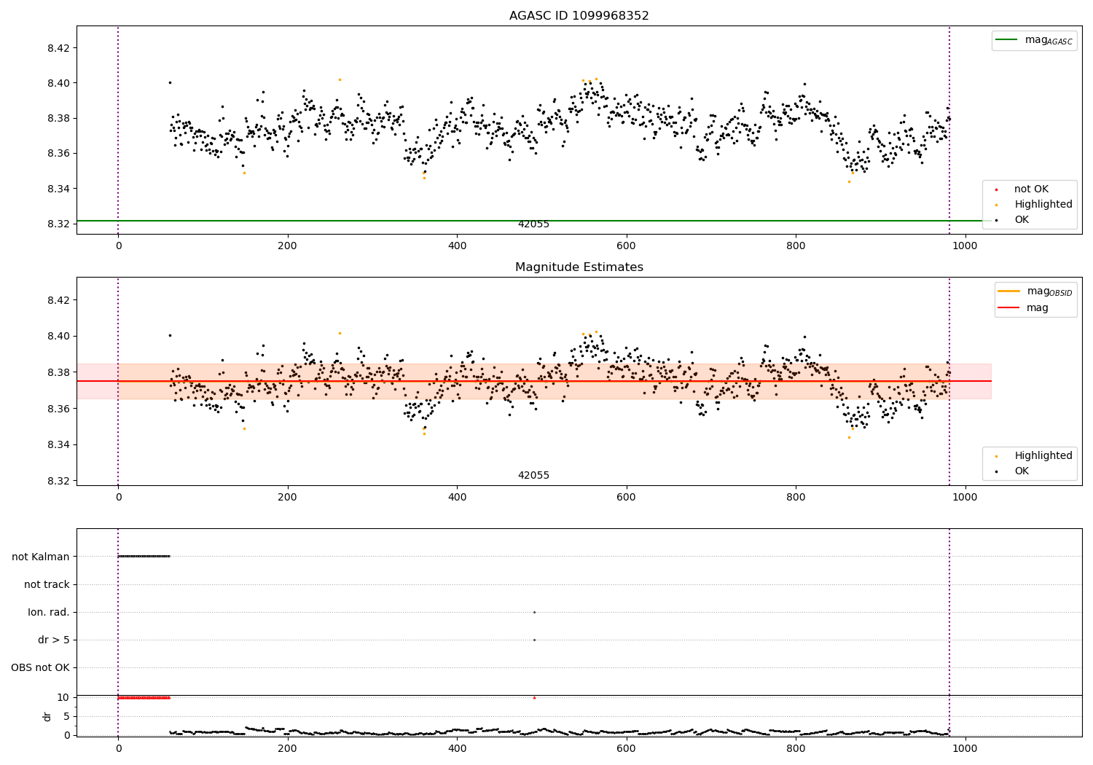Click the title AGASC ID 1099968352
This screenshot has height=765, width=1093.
click(x=579, y=16)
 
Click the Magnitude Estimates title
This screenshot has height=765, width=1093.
click(x=579, y=267)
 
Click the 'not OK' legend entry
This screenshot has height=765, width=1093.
click(x=1031, y=189)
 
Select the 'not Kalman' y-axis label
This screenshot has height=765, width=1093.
click(x=41, y=557)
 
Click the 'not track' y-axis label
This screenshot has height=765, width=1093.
click(x=47, y=584)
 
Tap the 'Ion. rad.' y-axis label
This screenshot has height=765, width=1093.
click(x=49, y=612)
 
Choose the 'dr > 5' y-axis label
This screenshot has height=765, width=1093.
click(x=54, y=640)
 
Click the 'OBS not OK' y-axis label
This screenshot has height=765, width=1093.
click(x=40, y=667)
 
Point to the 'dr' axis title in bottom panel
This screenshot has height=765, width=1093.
click(x=47, y=716)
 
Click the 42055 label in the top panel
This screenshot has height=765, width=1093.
click(x=533, y=224)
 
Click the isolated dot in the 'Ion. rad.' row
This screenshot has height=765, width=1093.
click(x=534, y=612)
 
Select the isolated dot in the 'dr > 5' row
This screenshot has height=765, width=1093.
click(x=534, y=640)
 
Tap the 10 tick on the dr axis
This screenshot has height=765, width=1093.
click(x=63, y=697)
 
